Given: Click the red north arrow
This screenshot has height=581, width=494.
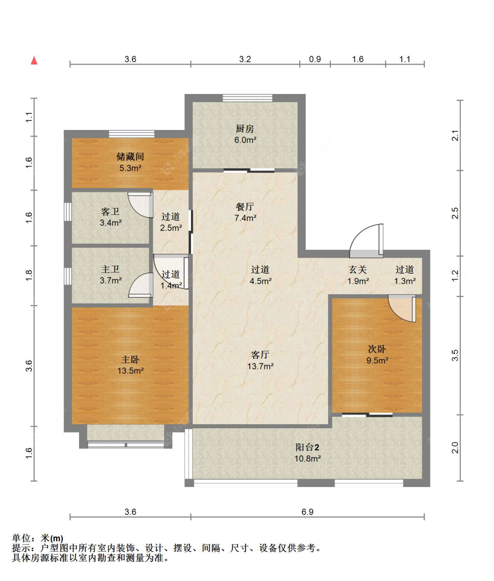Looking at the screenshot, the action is pyautogui.click(x=34, y=61).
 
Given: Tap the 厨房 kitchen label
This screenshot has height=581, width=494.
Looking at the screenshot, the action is pyautogui.click(x=245, y=129).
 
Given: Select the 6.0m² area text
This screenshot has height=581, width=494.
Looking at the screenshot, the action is pyautogui.click(x=245, y=140).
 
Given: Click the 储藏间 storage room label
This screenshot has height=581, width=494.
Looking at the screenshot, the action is pyautogui.click(x=130, y=157).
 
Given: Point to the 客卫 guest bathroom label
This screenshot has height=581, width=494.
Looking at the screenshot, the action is pyautogui.click(x=110, y=211).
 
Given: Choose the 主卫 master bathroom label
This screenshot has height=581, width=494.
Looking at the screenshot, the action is pyautogui.click(x=110, y=269).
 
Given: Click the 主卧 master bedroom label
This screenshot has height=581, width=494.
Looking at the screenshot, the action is pyautogui.click(x=130, y=360).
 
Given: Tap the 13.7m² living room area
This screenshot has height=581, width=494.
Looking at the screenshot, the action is pyautogui.click(x=260, y=366).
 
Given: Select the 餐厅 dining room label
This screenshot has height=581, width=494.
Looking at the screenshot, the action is pyautogui.click(x=245, y=206).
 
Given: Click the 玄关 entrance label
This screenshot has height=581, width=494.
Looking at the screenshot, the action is pyautogui.click(x=358, y=270).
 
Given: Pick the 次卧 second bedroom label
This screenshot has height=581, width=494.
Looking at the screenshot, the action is pyautogui.click(x=377, y=349).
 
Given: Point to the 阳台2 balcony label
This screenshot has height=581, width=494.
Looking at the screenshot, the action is pyautogui.click(x=307, y=447).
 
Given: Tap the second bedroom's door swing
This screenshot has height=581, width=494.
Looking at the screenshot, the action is pyautogui.click(x=402, y=308).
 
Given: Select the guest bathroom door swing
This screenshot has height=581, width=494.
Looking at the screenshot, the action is pyautogui.click(x=141, y=205).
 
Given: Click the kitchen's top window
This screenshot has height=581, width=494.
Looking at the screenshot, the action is pyautogui.click(x=248, y=98).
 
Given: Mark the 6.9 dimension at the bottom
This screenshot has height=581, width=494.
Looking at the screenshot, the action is pyautogui.click(x=307, y=512).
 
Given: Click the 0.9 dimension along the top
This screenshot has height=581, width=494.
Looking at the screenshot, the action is pyautogui.click(x=315, y=59).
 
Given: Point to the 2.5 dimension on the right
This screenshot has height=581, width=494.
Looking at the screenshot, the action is pyautogui.click(x=455, y=213).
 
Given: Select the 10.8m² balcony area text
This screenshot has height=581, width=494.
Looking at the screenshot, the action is pyautogui.click(x=308, y=459).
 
